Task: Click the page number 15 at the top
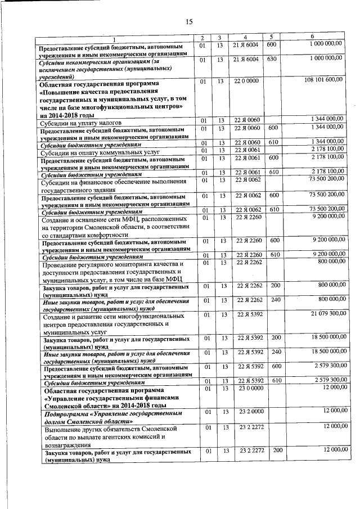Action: pos(189,21)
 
